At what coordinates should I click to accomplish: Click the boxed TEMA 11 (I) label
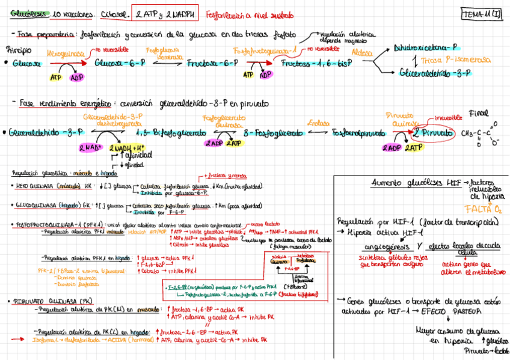coord(484,13)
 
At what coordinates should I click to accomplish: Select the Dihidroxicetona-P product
coord(425,47)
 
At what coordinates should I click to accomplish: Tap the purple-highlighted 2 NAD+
coord(89,147)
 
